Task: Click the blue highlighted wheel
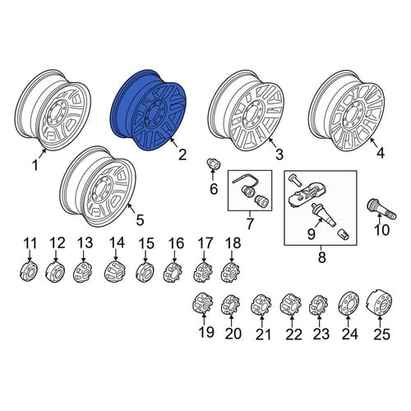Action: pyautogui.click(x=149, y=110)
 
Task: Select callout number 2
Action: pyautogui.click(x=182, y=155)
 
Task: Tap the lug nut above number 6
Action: pyautogui.click(x=212, y=164)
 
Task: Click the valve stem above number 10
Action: pyautogui.click(x=381, y=209)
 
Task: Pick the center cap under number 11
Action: pyautogui.click(x=29, y=271)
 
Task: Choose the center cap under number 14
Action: pyautogui.click(x=115, y=271)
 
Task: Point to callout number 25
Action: pyautogui.click(x=381, y=334)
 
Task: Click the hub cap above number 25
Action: pyautogui.click(x=381, y=303)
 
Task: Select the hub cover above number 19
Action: pyautogui.click(x=204, y=303)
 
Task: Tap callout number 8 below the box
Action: pyautogui.click(x=321, y=257)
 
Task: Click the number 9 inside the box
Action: pyautogui.click(x=312, y=233)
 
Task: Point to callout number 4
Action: pyautogui.click(x=381, y=153)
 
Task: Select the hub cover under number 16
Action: pyautogui.click(x=173, y=272)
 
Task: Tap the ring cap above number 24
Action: pyautogui.click(x=349, y=303)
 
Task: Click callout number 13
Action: pyautogui.click(x=85, y=242)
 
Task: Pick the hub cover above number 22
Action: pyautogui.click(x=291, y=304)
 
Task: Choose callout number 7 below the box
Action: pyautogui.click(x=250, y=224)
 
